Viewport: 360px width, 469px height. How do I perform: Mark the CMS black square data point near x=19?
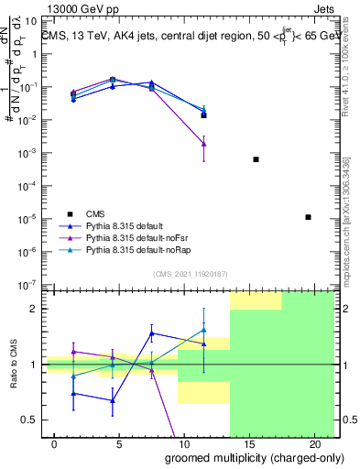point(308,217)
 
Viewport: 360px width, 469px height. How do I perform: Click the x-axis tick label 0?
point(55,444)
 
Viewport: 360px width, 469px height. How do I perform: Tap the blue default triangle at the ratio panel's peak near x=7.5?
point(152,333)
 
